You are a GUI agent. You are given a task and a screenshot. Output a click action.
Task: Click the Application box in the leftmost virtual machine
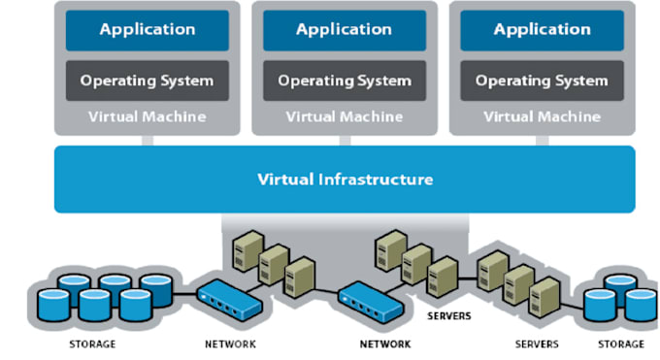pyautogui.click(x=148, y=30)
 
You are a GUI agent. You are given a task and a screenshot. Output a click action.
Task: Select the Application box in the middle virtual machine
pyautogui.click(x=345, y=30)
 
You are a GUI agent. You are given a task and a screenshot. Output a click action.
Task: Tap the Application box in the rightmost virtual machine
pyautogui.click(x=542, y=30)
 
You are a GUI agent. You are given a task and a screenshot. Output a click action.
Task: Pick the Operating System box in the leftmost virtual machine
pyautogui.click(x=148, y=81)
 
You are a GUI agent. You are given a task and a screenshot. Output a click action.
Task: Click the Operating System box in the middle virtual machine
pyautogui.click(x=345, y=81)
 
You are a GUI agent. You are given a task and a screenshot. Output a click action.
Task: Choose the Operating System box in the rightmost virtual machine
pyautogui.click(x=542, y=81)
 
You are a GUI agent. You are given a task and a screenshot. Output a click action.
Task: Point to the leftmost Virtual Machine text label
pyautogui.click(x=148, y=116)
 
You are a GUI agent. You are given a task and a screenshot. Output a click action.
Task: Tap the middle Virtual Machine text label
pyautogui.click(x=345, y=116)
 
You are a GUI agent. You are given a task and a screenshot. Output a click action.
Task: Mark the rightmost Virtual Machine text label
pyautogui.click(x=542, y=116)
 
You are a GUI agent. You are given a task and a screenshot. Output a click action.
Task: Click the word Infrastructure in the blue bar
pyautogui.click(x=375, y=180)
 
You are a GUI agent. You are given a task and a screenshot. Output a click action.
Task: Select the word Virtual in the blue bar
pyautogui.click(x=285, y=180)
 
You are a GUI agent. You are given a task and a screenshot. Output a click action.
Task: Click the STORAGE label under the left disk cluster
pyautogui.click(x=92, y=344)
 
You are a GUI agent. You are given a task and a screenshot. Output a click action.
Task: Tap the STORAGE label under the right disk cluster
pyautogui.click(x=620, y=344)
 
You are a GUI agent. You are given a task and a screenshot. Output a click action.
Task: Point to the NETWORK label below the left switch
pyautogui.click(x=230, y=344)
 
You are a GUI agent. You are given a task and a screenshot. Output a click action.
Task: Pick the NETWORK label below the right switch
pyautogui.click(x=385, y=344)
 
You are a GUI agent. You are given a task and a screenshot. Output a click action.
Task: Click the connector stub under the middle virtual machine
pyautogui.click(x=345, y=140)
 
